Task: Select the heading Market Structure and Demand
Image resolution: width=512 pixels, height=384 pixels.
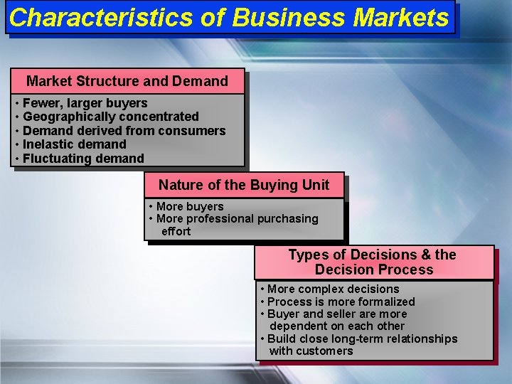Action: tap(127, 81)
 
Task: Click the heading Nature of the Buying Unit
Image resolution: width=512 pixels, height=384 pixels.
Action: tap(244, 186)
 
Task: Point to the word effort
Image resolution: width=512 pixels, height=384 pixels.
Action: tap(176, 231)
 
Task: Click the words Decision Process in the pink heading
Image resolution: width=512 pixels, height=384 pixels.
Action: tap(374, 270)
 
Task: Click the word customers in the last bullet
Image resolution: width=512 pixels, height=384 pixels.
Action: tap(325, 351)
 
